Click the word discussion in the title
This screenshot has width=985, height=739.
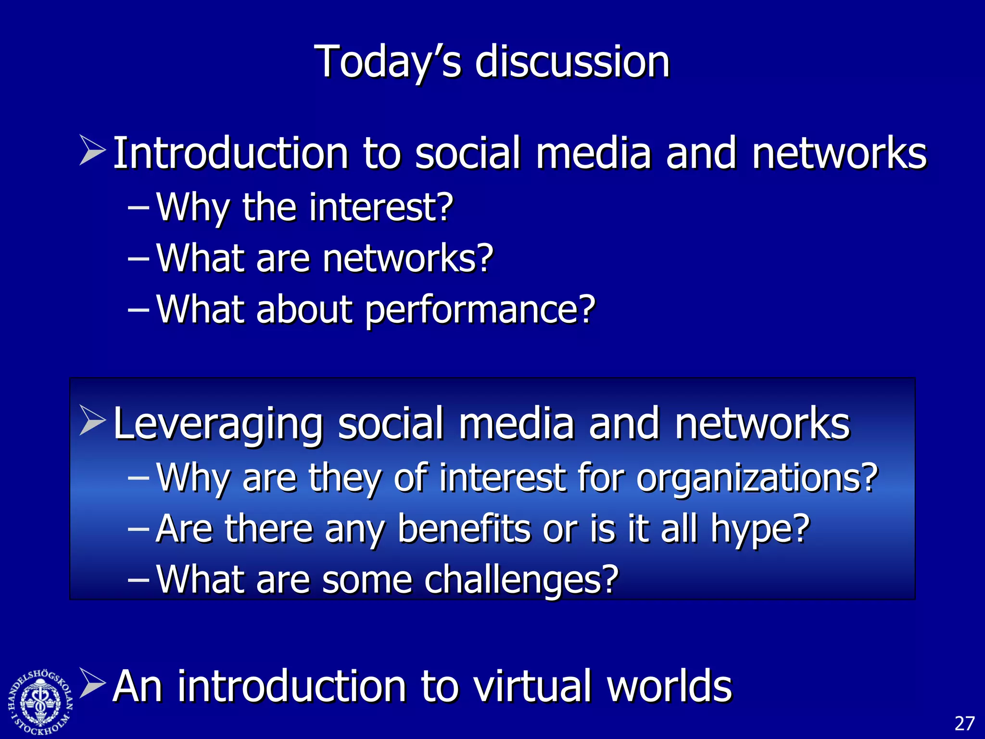tap(572, 62)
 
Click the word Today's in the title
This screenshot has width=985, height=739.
tap(388, 62)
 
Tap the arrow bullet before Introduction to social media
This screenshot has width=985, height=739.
tap(92, 151)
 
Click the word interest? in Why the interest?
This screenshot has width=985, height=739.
tap(381, 207)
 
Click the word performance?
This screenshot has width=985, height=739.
tap(480, 310)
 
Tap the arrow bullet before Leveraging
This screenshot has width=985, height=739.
tap(92, 420)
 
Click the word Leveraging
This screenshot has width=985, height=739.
tap(218, 424)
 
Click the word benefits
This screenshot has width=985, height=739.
tap(465, 529)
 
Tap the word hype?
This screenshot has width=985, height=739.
tap(760, 530)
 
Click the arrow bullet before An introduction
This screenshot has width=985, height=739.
tap(92, 683)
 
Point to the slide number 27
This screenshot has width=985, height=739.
tap(964, 723)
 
